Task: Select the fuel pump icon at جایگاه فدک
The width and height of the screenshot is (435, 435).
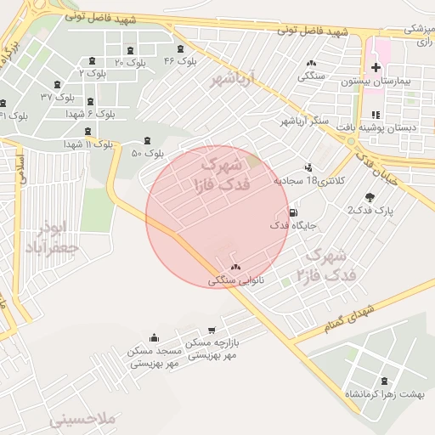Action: pyautogui.click(x=293, y=212)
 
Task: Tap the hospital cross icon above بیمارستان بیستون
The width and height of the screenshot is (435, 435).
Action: pyautogui.click(x=376, y=67)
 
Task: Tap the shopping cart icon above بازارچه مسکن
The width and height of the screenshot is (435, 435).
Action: pyautogui.click(x=211, y=330)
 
